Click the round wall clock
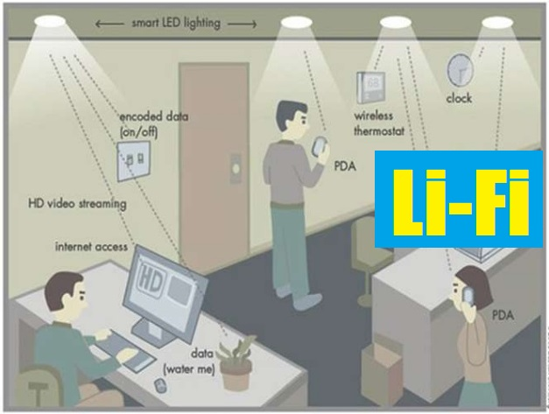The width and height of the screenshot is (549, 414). click(459, 69)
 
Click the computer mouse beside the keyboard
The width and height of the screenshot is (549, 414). click(160, 382)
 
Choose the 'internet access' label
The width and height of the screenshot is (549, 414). click(91, 247)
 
